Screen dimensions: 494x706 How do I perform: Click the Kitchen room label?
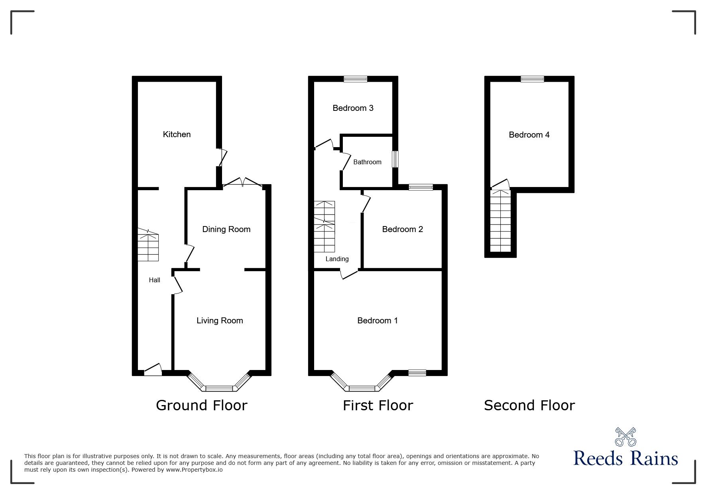pyautogui.click(x=177, y=134)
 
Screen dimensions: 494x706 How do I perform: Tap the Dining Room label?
pyautogui.click(x=226, y=229)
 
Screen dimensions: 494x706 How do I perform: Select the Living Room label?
pyautogui.click(x=220, y=321)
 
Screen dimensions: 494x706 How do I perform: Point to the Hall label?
pyautogui.click(x=154, y=280)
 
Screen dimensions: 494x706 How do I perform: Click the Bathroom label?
pyautogui.click(x=367, y=162)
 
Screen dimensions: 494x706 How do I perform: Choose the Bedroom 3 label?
pyautogui.click(x=353, y=108)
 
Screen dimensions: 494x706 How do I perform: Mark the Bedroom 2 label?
pyautogui.click(x=402, y=229)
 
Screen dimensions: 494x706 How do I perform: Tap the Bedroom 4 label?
pyautogui.click(x=529, y=135)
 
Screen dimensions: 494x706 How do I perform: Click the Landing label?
pyautogui.click(x=337, y=259)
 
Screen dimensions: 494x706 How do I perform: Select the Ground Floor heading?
pyautogui.click(x=201, y=405)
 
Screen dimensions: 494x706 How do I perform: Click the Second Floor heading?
pyautogui.click(x=529, y=405)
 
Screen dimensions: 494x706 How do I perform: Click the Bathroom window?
pyautogui.click(x=395, y=159)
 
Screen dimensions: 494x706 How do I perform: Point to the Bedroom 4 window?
pyautogui.click(x=532, y=79)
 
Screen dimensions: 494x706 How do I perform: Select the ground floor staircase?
pyautogui.click(x=148, y=246)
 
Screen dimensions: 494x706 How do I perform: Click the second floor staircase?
pyautogui.click(x=500, y=221)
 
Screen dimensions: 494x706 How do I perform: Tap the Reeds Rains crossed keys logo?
pyautogui.click(x=625, y=437)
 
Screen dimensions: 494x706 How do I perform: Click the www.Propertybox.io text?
pyautogui.click(x=195, y=470)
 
